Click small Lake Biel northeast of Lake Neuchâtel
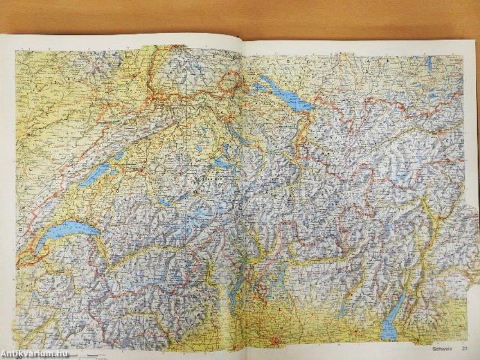coord(120,155)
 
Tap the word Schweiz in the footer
coord(442,349)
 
